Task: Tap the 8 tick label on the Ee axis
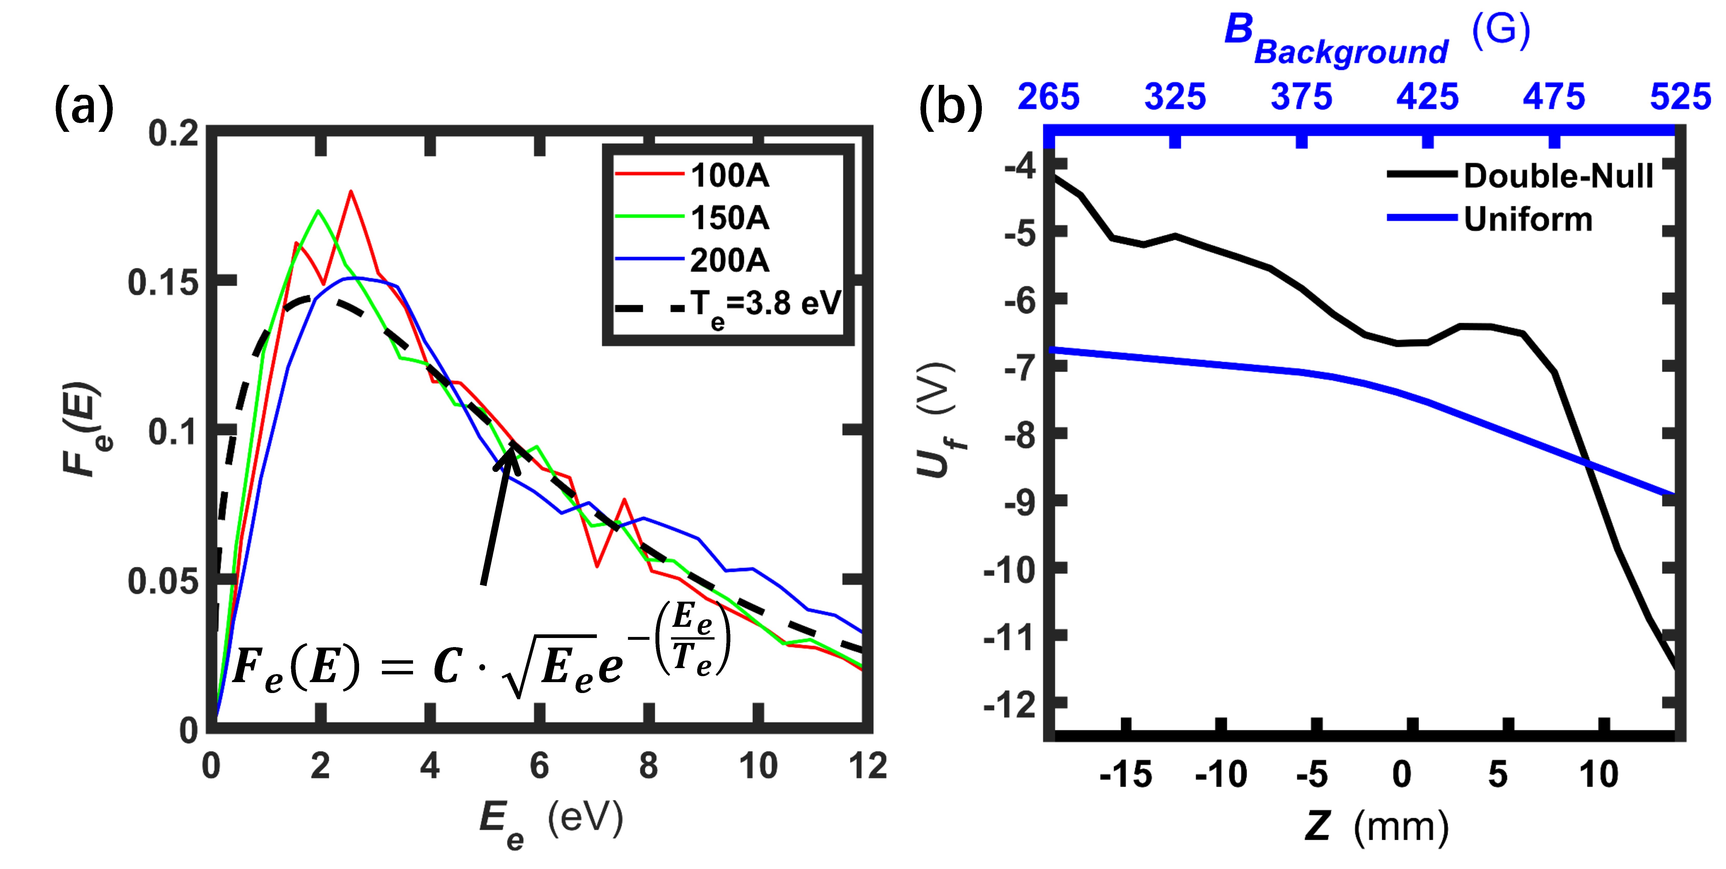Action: [648, 766]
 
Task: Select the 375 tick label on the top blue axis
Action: [1301, 97]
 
